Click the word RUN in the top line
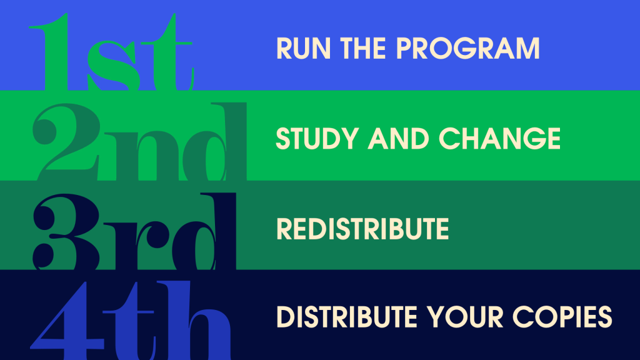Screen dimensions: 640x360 click(x=303, y=49)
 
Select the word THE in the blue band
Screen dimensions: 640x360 click(x=363, y=49)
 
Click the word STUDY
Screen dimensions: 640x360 click(x=317, y=138)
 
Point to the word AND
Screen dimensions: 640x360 click(x=398, y=138)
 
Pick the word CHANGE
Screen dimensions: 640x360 click(x=499, y=138)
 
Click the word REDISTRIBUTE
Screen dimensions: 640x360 click(x=362, y=229)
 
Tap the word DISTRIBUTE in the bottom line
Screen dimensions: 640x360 click(x=347, y=317)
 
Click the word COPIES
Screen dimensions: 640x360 click(x=562, y=317)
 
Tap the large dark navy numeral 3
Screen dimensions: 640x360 click(x=66, y=232)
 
